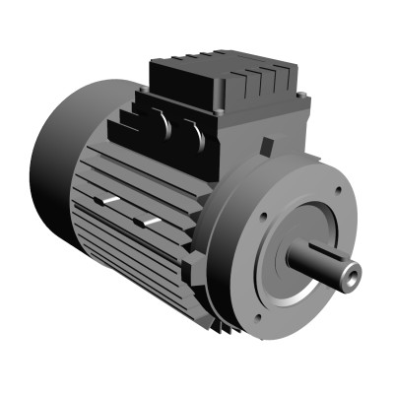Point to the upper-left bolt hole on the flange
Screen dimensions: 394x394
point(263,217)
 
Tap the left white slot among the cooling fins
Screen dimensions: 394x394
point(107,201)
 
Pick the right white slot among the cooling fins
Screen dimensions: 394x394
point(149,223)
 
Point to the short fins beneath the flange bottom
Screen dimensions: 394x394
point(226,324)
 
